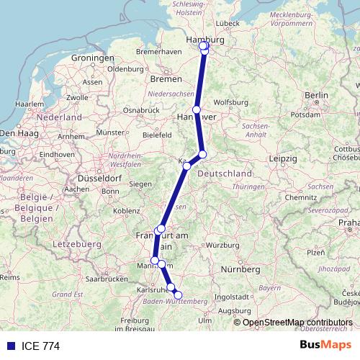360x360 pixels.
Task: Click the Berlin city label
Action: click(x=317, y=95)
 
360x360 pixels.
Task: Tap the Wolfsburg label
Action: click(x=231, y=102)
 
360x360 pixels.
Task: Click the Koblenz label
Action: click(x=126, y=210)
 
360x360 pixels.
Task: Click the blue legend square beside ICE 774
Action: click(x=10, y=346)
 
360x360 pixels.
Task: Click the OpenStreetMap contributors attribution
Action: click(x=297, y=323)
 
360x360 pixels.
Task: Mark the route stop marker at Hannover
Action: click(x=196, y=110)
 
